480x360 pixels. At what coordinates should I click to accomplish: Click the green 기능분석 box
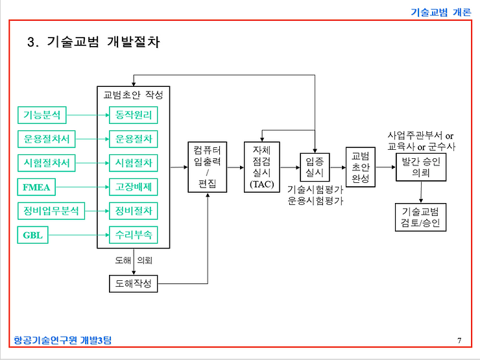pos(42,115)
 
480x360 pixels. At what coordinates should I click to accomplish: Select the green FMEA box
pos(38,188)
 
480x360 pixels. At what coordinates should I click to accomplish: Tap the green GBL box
pos(34,235)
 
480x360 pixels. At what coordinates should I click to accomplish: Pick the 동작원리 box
pos(133,115)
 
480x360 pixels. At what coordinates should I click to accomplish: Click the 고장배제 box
pos(133,188)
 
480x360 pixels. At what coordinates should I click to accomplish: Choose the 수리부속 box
pos(133,235)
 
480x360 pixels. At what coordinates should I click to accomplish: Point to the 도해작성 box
pos(133,283)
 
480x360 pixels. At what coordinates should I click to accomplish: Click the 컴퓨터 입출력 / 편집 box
pos(208,167)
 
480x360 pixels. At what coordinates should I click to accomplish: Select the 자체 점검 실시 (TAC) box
pos(261,167)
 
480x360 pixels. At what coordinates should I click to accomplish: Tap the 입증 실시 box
pos(315,167)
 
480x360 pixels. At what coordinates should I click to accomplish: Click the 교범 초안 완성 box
pos(361,167)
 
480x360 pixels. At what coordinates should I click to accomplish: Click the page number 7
pos(459,341)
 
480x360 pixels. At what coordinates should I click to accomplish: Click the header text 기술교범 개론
pos(441,11)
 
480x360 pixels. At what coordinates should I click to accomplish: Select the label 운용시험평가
pos(315,201)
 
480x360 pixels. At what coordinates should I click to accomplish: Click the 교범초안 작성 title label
pos(133,94)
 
